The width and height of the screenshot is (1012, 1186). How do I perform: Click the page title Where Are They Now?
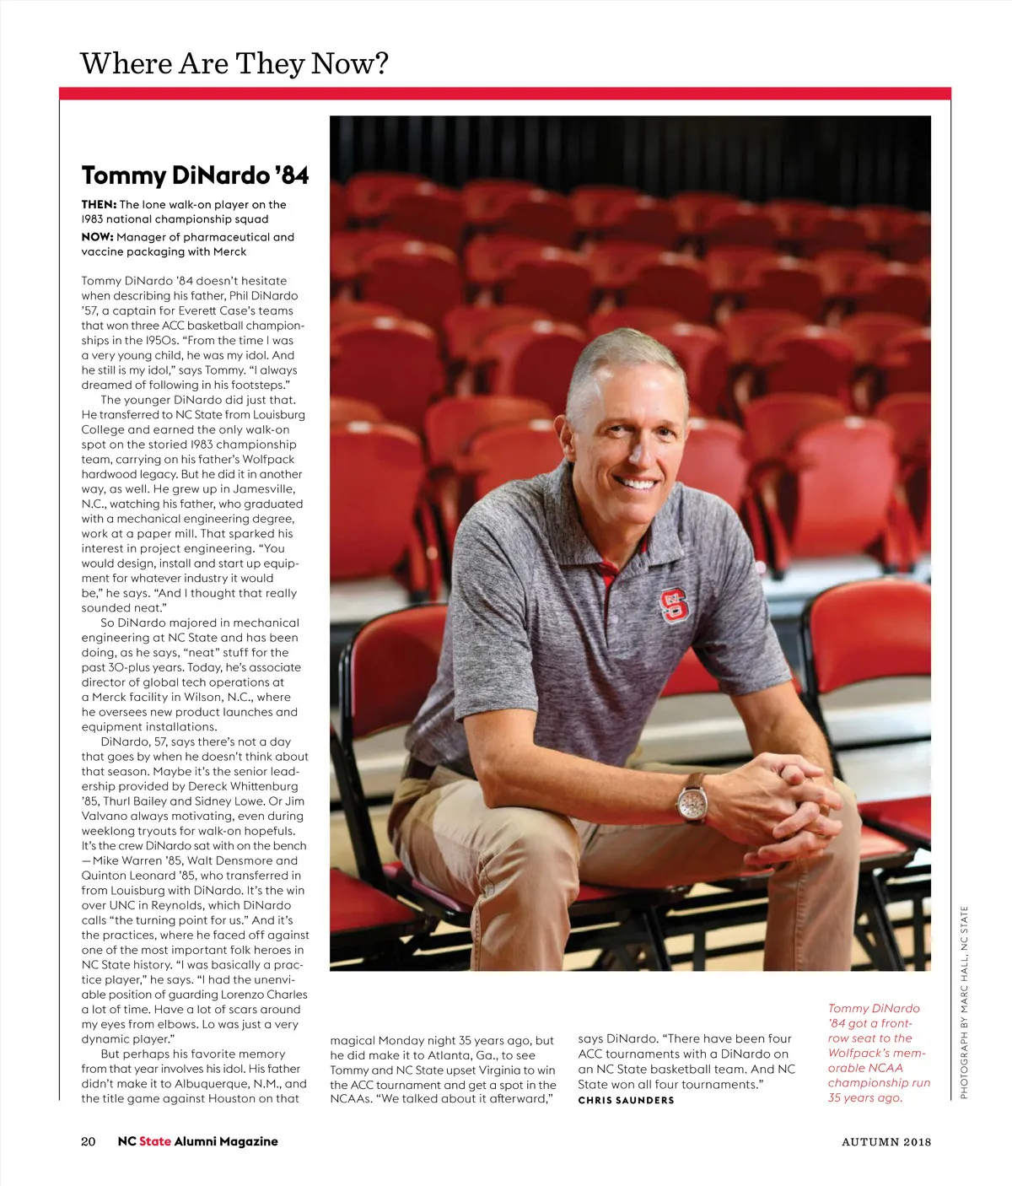point(234,63)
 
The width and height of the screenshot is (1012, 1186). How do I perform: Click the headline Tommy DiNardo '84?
point(195,175)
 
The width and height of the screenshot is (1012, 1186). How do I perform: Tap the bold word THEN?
point(99,204)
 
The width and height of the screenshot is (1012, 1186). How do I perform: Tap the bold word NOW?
point(98,237)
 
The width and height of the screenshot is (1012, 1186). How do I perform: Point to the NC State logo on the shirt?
point(674,604)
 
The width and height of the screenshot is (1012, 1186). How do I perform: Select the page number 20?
point(88,1141)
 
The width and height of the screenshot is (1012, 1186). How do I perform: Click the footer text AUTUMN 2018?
point(886,1142)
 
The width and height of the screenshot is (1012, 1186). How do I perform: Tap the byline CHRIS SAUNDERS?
point(626,1100)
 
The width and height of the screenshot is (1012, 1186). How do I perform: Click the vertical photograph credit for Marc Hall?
point(964,1002)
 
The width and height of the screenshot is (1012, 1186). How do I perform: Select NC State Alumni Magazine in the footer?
point(197,1141)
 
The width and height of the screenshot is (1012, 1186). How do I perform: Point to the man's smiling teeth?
point(638,483)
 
